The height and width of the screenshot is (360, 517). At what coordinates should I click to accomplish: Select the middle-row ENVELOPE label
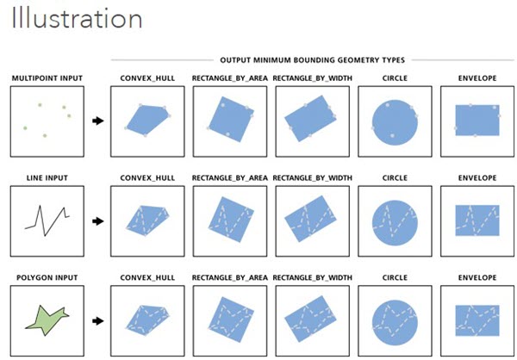[472, 178]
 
